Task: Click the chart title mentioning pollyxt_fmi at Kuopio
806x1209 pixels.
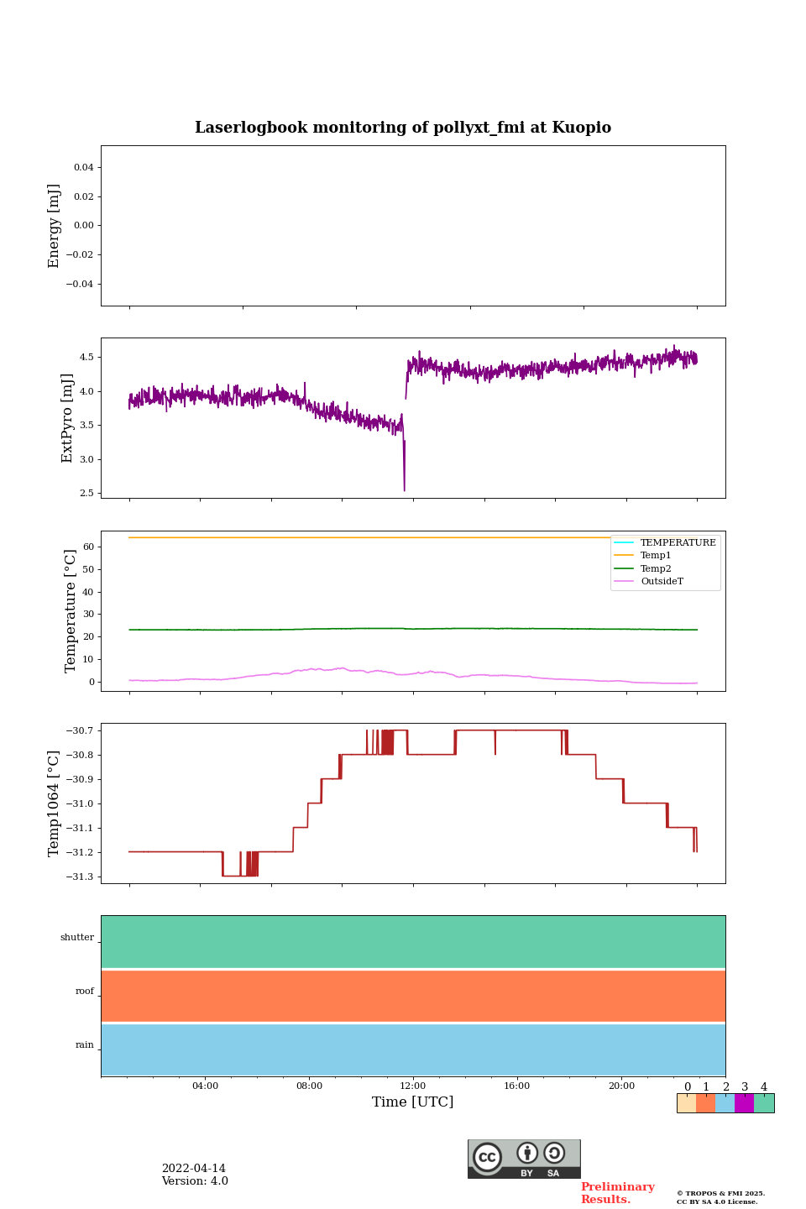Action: pos(403,128)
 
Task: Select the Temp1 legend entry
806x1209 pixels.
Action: pos(656,556)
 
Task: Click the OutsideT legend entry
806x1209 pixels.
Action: pos(662,582)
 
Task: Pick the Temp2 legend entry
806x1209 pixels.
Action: pos(656,568)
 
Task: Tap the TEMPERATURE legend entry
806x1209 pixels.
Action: pos(678,542)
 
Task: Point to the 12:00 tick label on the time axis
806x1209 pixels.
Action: pos(413,1086)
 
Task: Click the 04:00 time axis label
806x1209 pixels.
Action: pos(205,1086)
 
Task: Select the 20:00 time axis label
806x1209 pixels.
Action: pos(621,1086)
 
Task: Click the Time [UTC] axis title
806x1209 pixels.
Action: pos(413,1102)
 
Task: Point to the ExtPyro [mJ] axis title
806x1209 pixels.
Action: pos(67,418)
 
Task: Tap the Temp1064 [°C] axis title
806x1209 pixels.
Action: pos(55,803)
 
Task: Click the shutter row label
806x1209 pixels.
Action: pos(77,938)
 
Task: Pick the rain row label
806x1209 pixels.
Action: pos(85,1045)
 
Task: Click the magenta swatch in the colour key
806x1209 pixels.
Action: pos(744,1103)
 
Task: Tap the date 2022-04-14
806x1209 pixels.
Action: pos(194,1169)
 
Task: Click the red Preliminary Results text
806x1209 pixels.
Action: pos(617,1193)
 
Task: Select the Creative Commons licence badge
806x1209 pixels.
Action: pos(524,1159)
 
